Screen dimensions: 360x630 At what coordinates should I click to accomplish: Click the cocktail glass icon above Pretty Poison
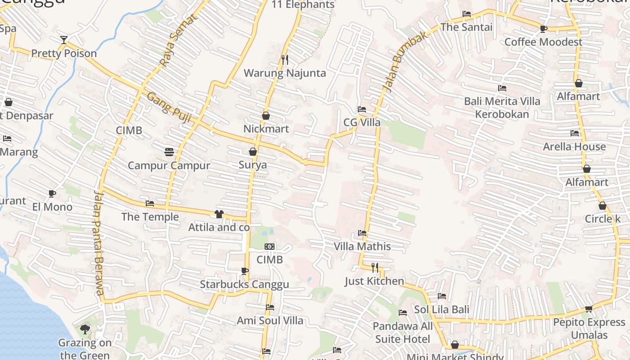tap(64, 40)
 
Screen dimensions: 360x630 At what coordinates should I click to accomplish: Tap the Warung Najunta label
tap(284, 73)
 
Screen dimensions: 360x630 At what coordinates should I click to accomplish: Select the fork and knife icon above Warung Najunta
tap(284, 59)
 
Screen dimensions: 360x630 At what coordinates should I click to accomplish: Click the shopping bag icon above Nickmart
tap(266, 116)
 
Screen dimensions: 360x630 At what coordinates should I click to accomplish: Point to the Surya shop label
tap(252, 165)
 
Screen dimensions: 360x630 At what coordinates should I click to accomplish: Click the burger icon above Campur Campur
tap(169, 152)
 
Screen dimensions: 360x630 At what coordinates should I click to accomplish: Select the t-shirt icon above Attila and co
tap(219, 214)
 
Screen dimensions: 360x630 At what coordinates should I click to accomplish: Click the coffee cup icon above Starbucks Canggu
tap(244, 271)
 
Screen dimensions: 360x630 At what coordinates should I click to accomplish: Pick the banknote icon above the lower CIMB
tap(270, 247)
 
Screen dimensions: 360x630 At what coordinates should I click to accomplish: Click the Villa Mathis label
tap(362, 246)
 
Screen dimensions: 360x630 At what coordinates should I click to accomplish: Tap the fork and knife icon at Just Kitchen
tap(375, 268)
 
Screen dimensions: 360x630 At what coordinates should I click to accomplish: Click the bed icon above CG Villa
tap(361, 109)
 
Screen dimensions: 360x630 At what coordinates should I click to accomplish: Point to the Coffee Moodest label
tap(543, 42)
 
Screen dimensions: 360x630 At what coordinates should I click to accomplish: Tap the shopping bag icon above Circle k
tap(602, 206)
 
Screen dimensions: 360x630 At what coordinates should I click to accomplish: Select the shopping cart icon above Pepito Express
tap(589, 309)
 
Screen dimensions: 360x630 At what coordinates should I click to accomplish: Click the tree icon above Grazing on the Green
tap(85, 330)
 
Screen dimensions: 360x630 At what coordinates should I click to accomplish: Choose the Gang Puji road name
tap(169, 108)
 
